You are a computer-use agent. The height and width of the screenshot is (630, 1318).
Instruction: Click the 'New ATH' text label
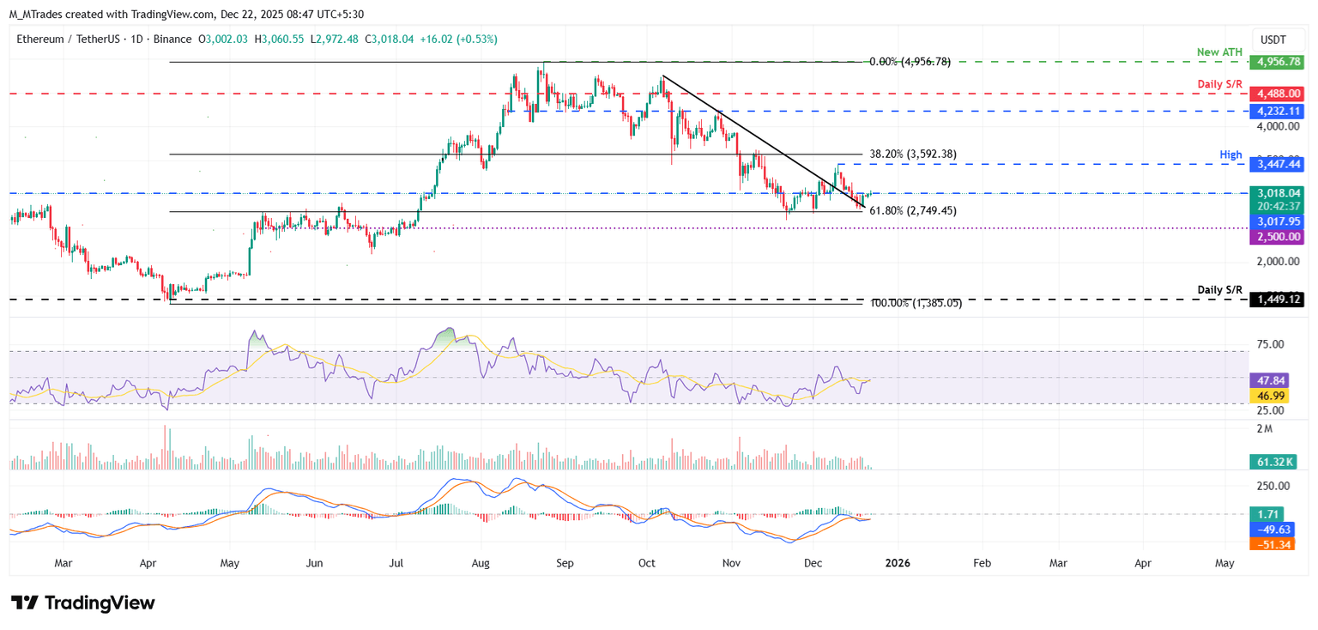click(1219, 52)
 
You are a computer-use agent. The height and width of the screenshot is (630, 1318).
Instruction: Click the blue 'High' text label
click(1230, 154)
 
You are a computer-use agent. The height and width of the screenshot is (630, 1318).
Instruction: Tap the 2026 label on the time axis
click(898, 564)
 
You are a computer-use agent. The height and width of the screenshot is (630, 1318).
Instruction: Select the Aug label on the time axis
click(481, 564)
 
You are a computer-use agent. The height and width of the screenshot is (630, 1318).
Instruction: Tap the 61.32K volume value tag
click(1271, 463)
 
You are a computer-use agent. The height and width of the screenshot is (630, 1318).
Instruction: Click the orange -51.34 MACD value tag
click(1271, 544)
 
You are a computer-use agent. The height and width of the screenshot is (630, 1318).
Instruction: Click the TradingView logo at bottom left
click(82, 603)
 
